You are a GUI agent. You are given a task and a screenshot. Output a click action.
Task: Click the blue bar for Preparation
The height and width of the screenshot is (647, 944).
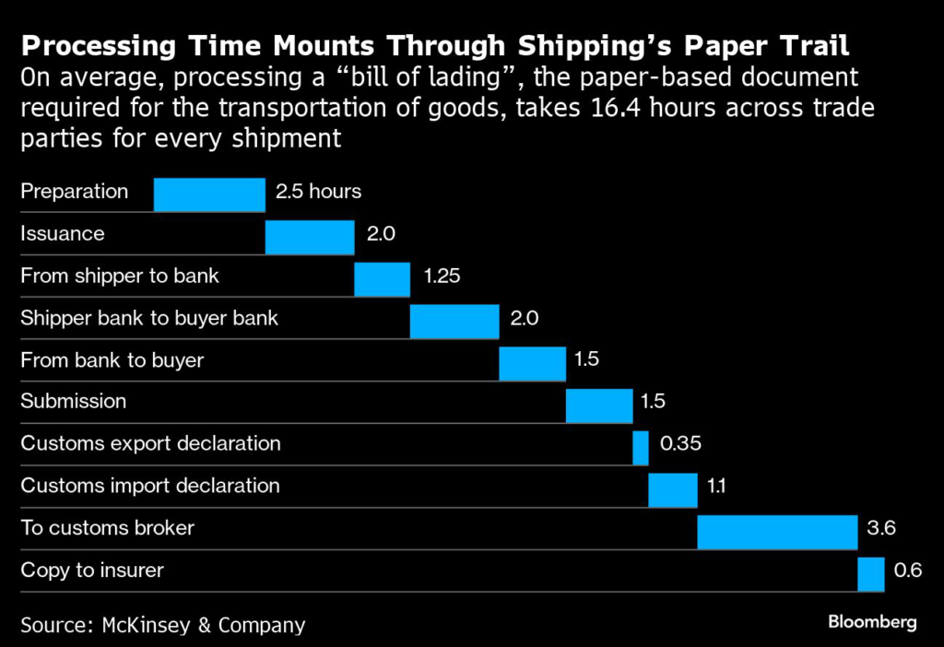209,194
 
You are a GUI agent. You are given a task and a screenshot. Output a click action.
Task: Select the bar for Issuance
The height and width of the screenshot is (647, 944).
310,237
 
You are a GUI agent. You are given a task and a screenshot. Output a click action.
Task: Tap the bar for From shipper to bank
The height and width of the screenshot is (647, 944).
383,279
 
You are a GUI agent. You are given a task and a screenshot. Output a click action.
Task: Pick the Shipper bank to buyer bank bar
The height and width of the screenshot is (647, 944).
454,322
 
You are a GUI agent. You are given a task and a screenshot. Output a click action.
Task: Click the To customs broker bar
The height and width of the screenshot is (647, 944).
777,532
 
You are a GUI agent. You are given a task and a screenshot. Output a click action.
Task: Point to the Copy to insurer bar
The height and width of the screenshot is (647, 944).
871,574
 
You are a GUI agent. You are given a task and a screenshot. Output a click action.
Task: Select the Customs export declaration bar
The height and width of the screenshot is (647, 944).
641,448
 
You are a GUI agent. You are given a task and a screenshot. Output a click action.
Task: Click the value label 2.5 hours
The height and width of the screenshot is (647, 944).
318,192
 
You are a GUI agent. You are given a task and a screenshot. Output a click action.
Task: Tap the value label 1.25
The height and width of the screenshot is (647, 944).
442,276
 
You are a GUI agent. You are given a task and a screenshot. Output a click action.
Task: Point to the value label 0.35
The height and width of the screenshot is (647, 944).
680,444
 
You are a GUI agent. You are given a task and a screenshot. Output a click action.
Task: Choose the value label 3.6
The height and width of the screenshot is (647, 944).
882,528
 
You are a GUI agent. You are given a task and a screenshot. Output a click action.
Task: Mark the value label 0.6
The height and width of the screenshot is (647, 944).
908,571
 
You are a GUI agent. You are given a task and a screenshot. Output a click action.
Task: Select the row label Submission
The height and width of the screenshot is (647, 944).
74,402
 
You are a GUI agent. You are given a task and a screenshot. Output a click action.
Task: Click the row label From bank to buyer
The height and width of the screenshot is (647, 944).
112,360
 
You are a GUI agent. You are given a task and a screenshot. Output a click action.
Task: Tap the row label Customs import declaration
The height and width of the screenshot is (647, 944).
150,486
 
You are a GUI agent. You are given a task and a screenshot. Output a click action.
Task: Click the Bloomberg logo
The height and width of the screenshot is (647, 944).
871,622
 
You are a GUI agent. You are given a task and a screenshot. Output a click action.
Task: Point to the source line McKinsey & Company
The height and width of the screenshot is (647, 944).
162,625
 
